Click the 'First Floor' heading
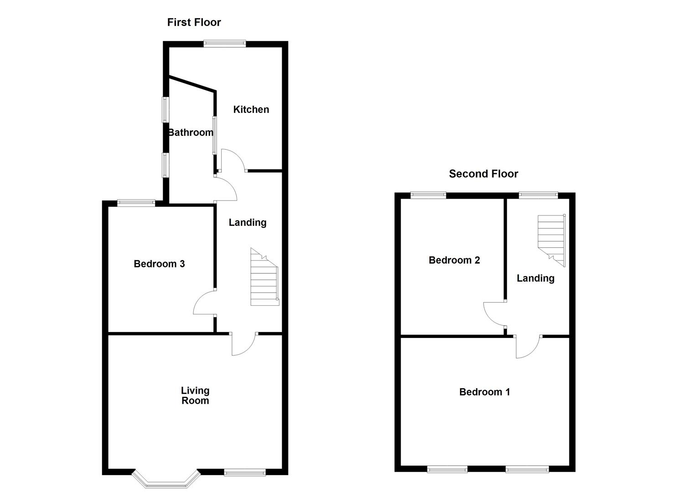pyautogui.click(x=194, y=22)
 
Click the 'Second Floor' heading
pyautogui.click(x=483, y=174)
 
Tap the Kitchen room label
pyautogui.click(x=251, y=109)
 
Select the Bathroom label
pyautogui.click(x=191, y=133)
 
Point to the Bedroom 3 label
pyautogui.click(x=159, y=264)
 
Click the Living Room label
pyautogui.click(x=195, y=395)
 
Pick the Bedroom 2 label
pyautogui.click(x=454, y=260)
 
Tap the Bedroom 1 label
pyautogui.click(x=484, y=392)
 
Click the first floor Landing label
pyautogui.click(x=248, y=222)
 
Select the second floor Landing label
pyautogui.click(x=535, y=278)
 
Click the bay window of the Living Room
pyautogui.click(x=166, y=480)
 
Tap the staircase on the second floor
pyautogui.click(x=552, y=239)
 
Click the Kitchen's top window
pyautogui.click(x=224, y=44)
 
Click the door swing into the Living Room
pyautogui.click(x=243, y=343)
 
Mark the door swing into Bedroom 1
pyautogui.click(x=527, y=347)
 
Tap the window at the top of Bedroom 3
pyautogui.click(x=136, y=203)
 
